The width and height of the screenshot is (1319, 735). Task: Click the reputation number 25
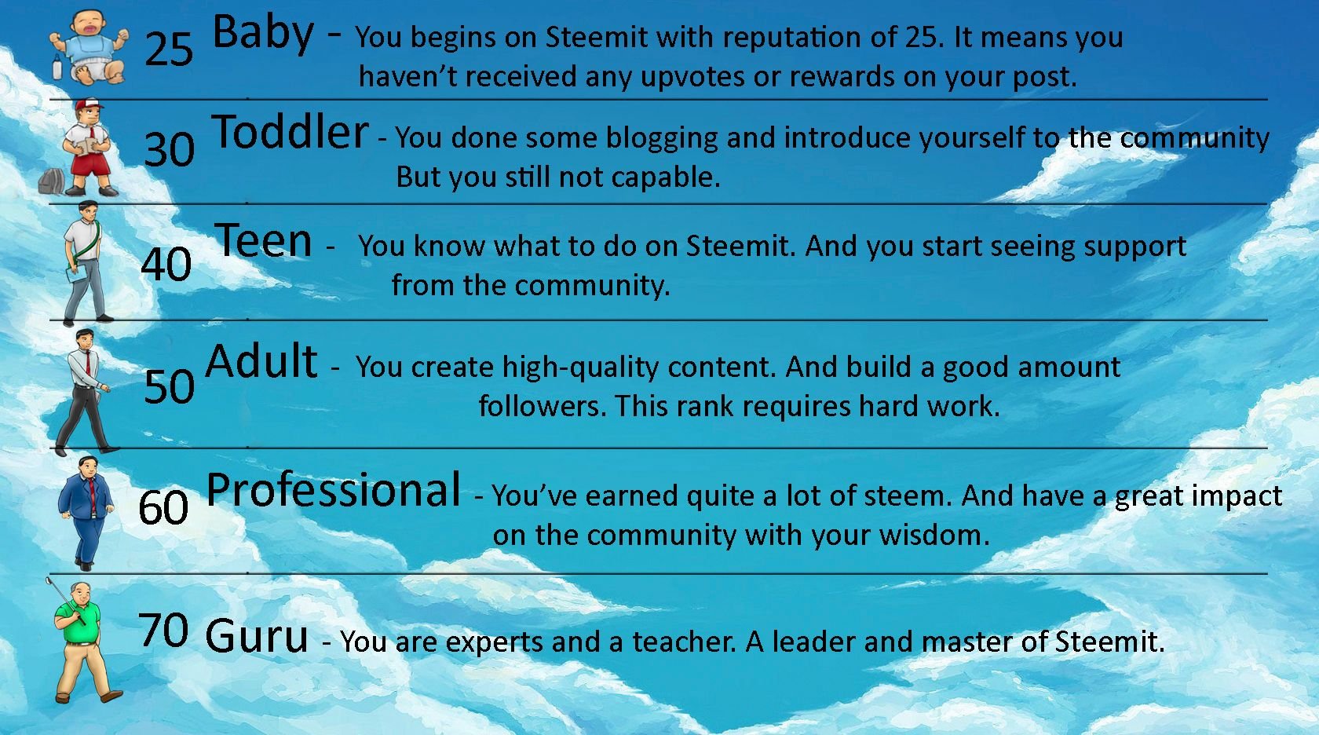tap(168, 49)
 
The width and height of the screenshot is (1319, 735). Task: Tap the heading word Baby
tap(262, 33)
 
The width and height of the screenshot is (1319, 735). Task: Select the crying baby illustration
tap(90, 47)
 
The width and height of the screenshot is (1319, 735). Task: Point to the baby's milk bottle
tap(57, 67)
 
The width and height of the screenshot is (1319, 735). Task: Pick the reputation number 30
tap(169, 149)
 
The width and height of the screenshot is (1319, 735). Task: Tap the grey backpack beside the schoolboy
tap(52, 181)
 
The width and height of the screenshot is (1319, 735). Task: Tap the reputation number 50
tap(169, 386)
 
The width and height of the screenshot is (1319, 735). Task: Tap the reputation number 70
tap(163, 630)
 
